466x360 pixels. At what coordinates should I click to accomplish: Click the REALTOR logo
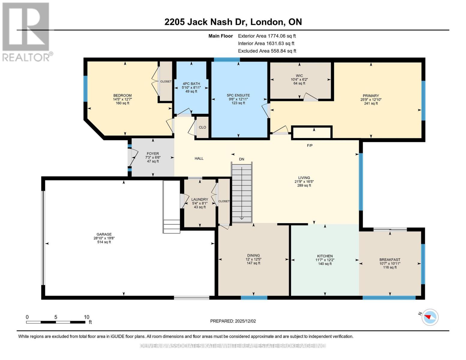pos(26,31)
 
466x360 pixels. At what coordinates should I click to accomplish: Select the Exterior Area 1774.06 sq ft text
pos(267,36)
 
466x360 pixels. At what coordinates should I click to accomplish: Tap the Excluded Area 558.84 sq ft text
pos(267,51)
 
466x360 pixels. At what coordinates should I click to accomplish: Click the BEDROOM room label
pos(122,95)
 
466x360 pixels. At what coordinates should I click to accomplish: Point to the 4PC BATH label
pos(191,84)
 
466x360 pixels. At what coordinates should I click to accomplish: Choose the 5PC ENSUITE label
pos(238,95)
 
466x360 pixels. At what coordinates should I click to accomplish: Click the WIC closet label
pos(299,76)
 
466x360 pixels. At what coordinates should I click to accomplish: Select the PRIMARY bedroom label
pos(371,96)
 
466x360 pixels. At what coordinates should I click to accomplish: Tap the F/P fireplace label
pos(310,145)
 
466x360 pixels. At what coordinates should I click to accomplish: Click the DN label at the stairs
pos(242,159)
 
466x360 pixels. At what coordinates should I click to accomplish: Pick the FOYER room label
pos(153,154)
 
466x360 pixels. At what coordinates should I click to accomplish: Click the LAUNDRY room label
pos(200,199)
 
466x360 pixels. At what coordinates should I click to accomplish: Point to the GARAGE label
pos(104,234)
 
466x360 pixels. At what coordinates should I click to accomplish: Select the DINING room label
pos(254,256)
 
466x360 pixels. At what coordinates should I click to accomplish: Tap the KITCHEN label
pos(325,256)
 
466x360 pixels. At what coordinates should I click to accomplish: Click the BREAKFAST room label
pos(389,260)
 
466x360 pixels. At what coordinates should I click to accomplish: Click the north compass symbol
pos(430,317)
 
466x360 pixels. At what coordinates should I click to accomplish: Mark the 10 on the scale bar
pos(86,317)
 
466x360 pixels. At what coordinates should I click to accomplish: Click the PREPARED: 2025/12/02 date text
pos(233,321)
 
